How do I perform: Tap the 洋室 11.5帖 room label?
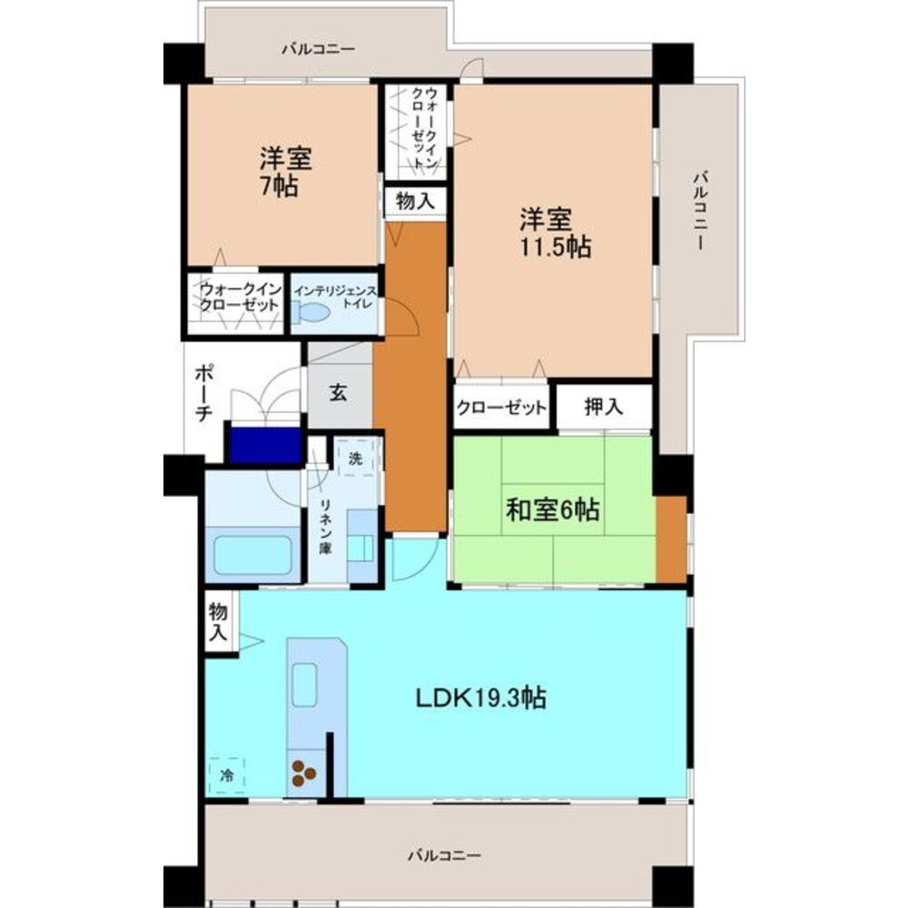tap(554, 232)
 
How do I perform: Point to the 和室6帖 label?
tap(552, 510)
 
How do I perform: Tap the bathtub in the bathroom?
tap(252, 555)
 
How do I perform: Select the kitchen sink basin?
tap(302, 682)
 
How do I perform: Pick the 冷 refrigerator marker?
tap(226, 775)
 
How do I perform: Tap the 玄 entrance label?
tap(338, 394)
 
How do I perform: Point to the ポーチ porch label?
tap(203, 392)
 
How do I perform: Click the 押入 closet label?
tap(602, 408)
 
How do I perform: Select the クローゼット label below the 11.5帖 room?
tap(501, 408)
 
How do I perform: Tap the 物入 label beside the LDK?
tap(217, 621)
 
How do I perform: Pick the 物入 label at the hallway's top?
tap(415, 202)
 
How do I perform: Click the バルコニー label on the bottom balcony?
tap(444, 854)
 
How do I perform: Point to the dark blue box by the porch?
tap(264, 445)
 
